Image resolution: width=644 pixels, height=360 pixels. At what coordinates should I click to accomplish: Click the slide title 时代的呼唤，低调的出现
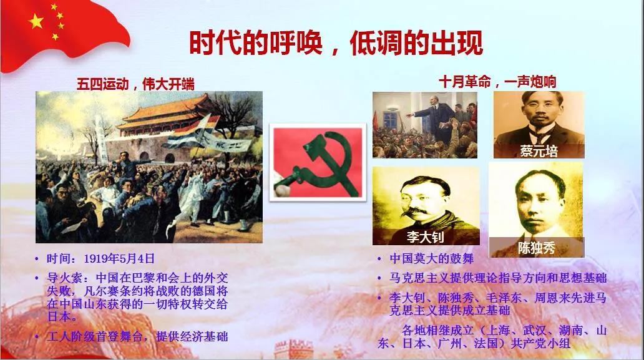point(336,42)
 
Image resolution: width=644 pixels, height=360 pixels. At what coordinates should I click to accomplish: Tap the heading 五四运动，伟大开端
point(135,84)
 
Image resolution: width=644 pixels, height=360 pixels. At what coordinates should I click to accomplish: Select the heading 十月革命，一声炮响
point(497,82)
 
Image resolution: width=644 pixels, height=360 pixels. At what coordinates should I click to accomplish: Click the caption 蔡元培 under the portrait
point(539,152)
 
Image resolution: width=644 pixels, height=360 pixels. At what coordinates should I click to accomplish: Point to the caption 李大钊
point(426,237)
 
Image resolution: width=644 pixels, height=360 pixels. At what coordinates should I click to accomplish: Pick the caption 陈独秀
point(537,248)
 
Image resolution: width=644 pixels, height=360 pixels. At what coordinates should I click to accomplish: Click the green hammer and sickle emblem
point(318,163)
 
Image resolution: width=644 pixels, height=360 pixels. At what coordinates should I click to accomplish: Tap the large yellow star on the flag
point(36,21)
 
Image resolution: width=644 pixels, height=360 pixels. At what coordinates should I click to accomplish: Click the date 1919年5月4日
point(119,258)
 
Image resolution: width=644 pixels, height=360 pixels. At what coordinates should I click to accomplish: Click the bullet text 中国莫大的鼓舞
point(431,258)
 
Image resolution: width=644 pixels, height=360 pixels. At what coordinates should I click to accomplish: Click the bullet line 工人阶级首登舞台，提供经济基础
point(137,337)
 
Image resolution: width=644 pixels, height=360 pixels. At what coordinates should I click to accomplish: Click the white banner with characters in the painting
point(228,143)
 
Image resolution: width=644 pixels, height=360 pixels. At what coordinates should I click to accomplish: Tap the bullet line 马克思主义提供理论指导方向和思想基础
point(498,278)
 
